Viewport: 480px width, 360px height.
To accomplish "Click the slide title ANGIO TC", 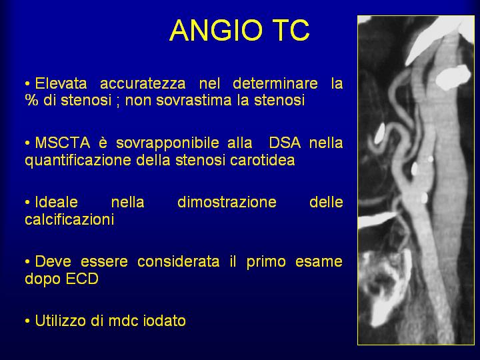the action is point(239,30).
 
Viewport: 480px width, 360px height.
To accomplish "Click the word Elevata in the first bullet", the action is point(61,83).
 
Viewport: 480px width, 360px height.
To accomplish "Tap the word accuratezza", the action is point(143,84).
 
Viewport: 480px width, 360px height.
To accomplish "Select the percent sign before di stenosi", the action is point(31,100).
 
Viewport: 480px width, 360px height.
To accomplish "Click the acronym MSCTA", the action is point(63,143).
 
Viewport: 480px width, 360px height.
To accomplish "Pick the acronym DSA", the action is point(285,143).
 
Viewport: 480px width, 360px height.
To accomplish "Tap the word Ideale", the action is point(56,202).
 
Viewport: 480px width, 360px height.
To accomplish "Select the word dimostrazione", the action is point(227,202).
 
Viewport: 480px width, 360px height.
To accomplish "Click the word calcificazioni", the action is point(69,219).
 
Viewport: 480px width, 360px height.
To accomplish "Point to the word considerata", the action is point(178,261).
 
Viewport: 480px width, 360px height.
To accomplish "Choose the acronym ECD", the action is point(82,279).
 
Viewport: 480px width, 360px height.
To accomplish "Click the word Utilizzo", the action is point(61,321).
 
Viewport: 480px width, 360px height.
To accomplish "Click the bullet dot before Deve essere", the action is point(27,262).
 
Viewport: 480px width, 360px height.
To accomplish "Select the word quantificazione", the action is point(78,161).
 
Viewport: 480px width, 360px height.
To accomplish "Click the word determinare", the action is point(275,83).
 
